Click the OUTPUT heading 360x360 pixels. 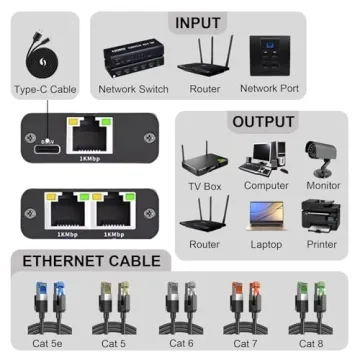coord(263,122)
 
